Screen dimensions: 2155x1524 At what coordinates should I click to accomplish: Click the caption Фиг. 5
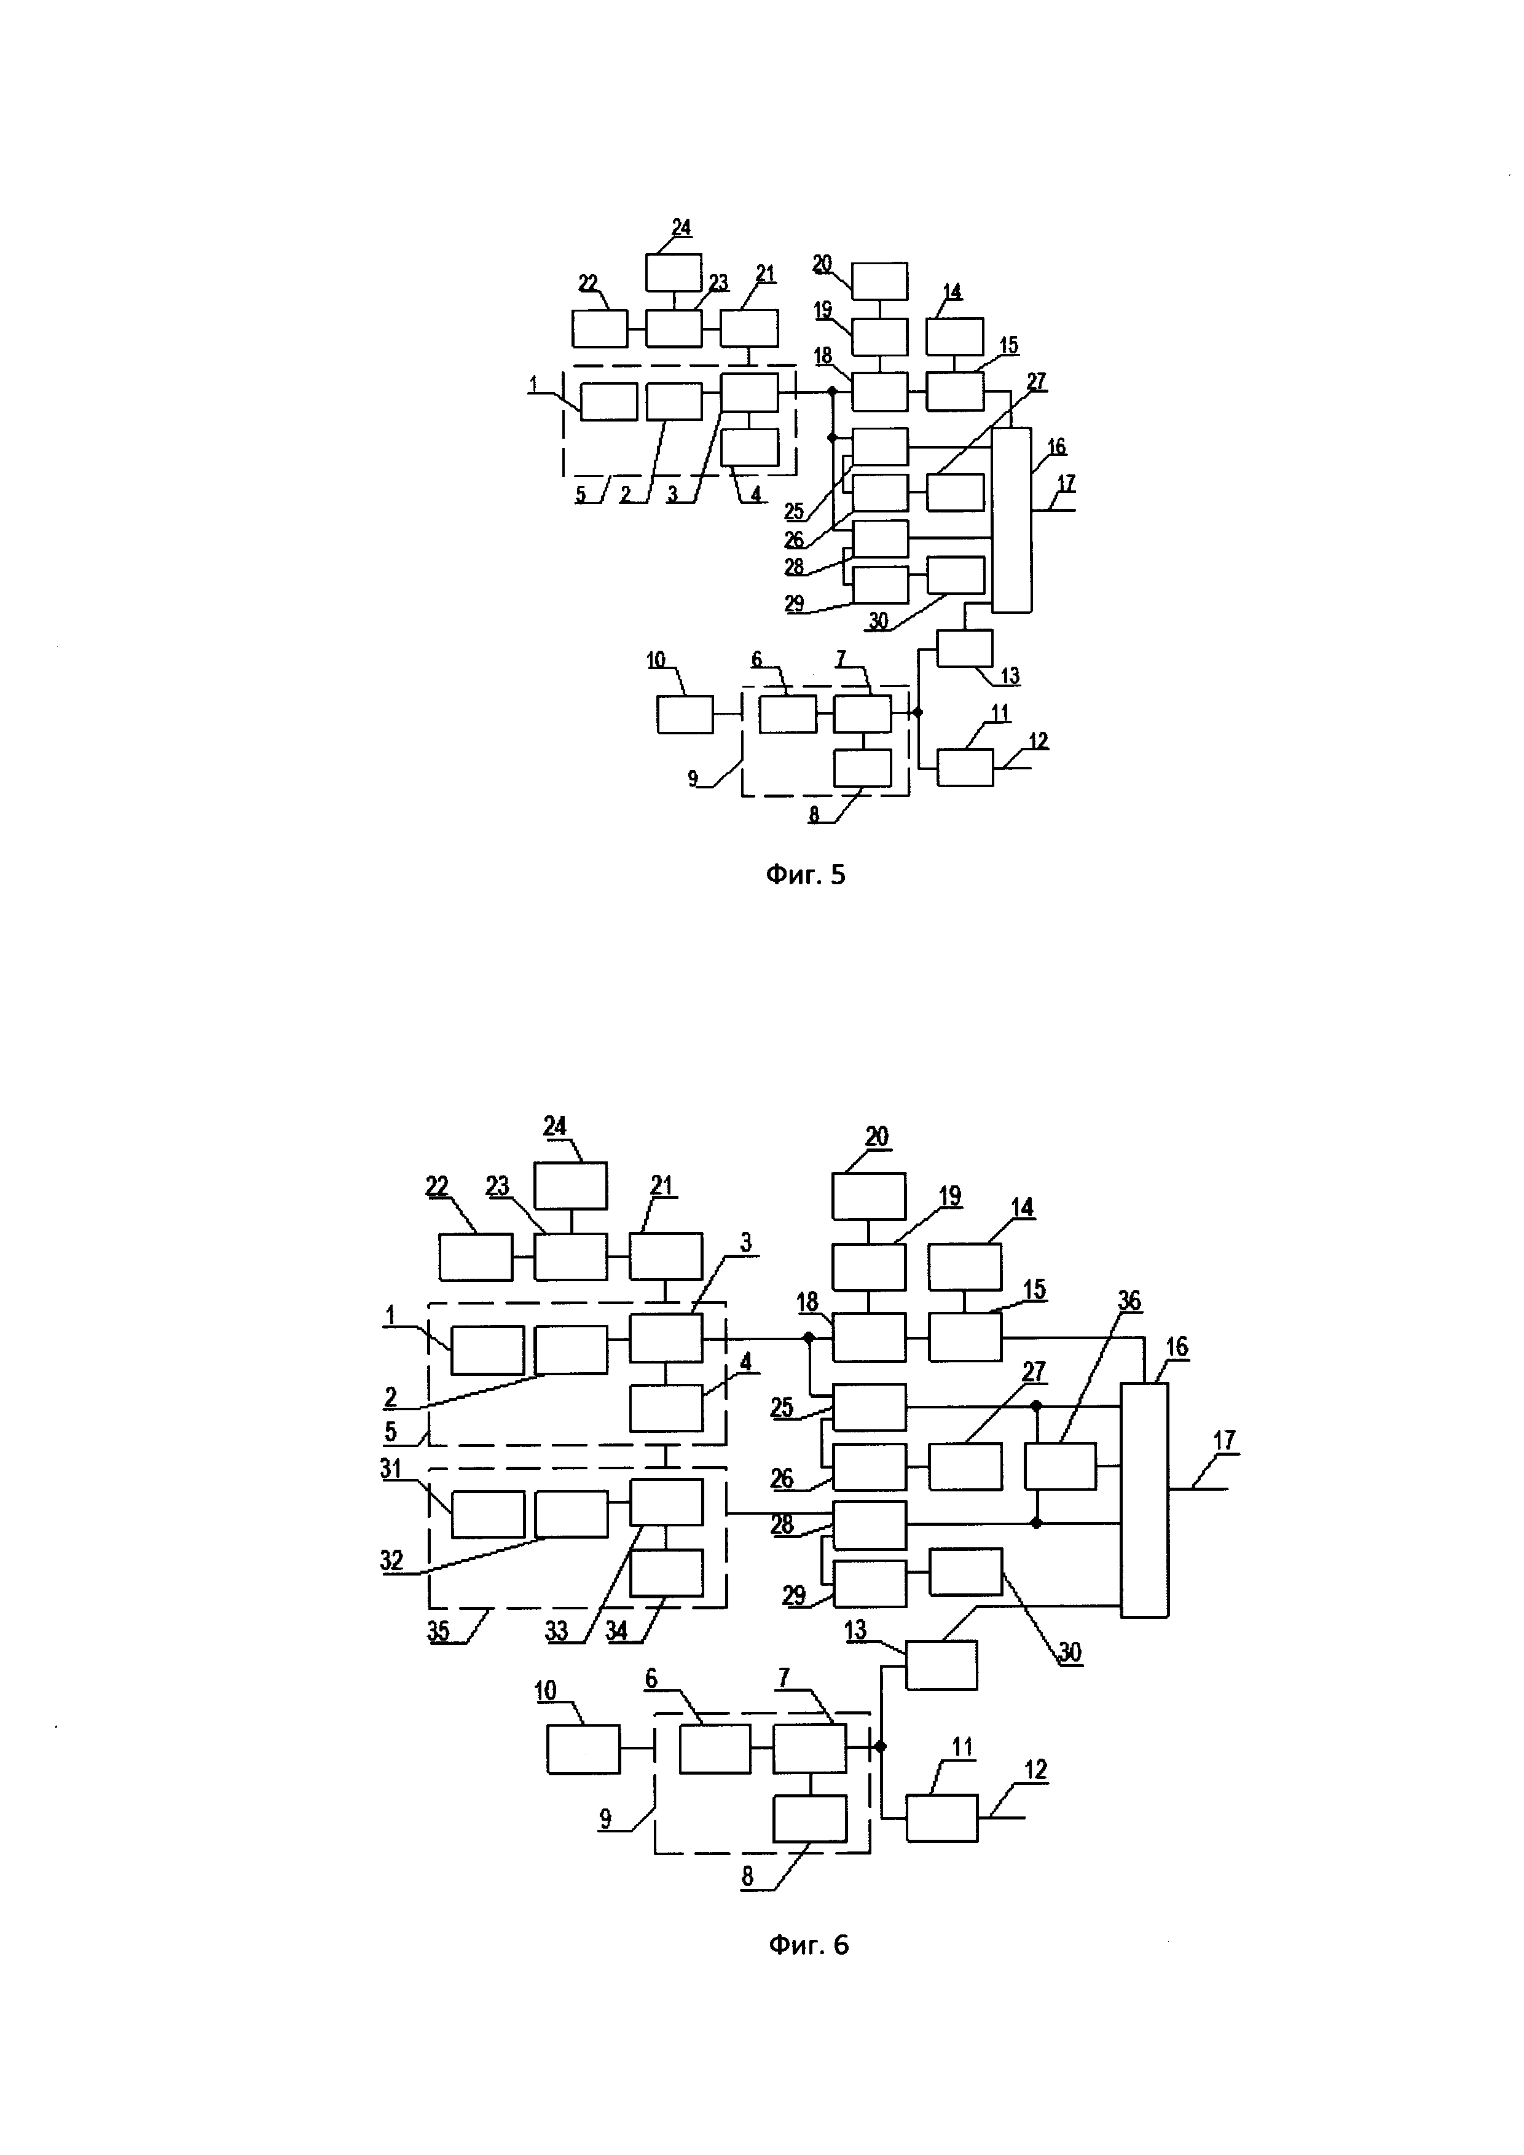[x=805, y=875]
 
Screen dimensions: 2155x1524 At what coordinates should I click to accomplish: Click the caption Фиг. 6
[x=808, y=1944]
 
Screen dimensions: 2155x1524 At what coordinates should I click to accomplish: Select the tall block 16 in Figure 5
[x=1011, y=520]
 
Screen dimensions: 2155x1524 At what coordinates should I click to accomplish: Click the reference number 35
[x=438, y=1631]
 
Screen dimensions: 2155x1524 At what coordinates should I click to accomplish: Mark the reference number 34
[x=616, y=1631]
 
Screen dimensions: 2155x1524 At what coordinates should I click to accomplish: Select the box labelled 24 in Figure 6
[x=570, y=1185]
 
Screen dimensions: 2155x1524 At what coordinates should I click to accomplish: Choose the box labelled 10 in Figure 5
[x=684, y=714]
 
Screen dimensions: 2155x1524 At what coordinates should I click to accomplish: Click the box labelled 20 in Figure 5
[x=880, y=281]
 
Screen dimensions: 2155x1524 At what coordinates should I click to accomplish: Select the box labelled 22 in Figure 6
[x=476, y=1257]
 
